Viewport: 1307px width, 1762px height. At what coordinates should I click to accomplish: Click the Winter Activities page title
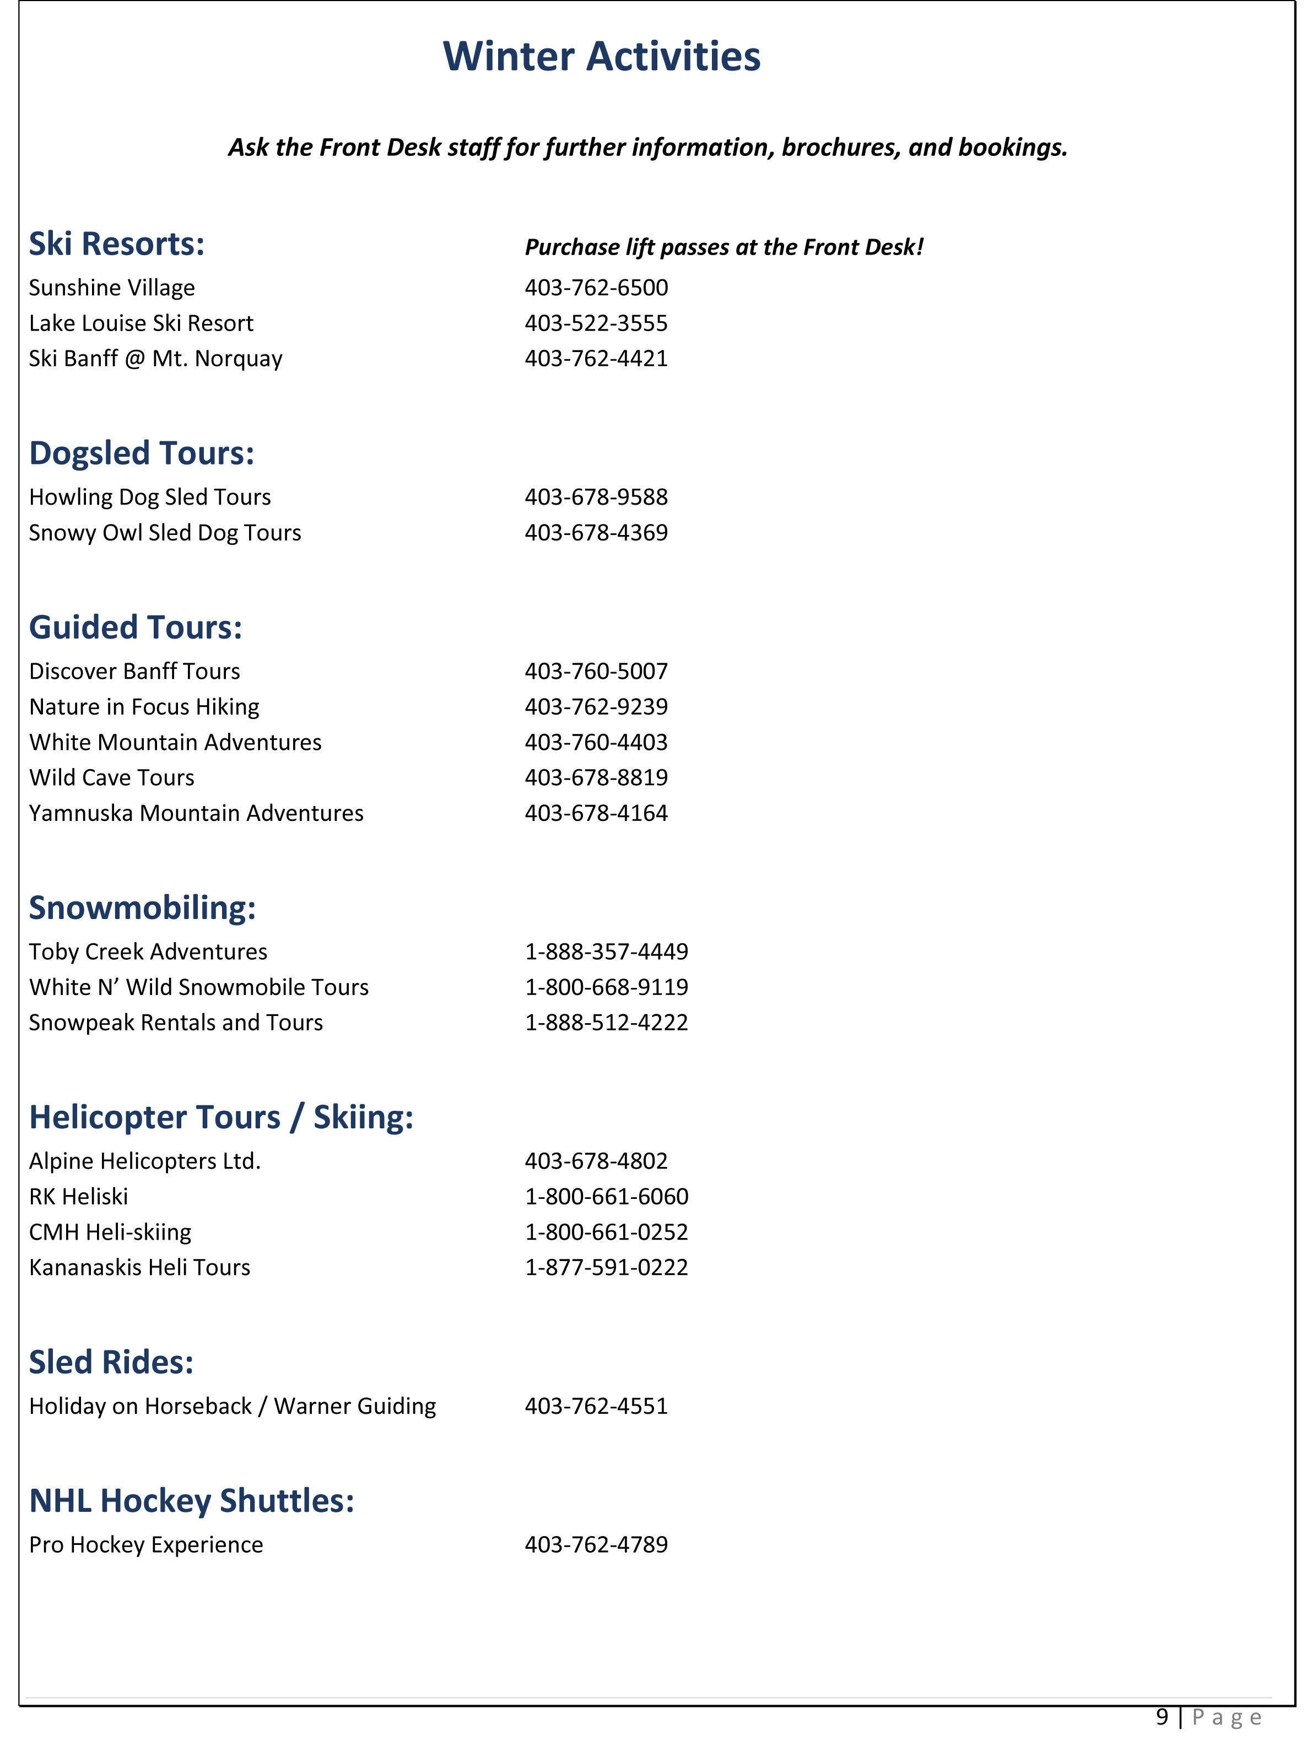click(x=601, y=57)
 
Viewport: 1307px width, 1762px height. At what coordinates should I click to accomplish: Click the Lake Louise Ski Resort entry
click(x=141, y=323)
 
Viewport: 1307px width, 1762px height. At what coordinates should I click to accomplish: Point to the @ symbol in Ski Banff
click(x=134, y=359)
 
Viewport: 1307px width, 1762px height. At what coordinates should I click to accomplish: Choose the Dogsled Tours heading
click(x=142, y=453)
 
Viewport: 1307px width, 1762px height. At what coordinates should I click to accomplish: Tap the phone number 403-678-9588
click(x=596, y=497)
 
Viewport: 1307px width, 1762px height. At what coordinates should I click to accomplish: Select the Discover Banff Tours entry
click(x=134, y=671)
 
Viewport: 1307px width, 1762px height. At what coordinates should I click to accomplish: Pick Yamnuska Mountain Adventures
click(x=196, y=813)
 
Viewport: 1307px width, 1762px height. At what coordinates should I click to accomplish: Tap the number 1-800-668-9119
click(x=606, y=987)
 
